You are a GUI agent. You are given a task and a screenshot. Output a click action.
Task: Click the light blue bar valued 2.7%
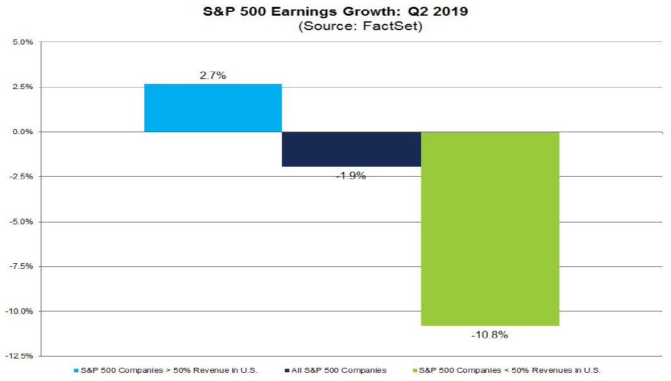pyautogui.click(x=213, y=108)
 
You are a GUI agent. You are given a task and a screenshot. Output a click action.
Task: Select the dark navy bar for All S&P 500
pyautogui.click(x=351, y=149)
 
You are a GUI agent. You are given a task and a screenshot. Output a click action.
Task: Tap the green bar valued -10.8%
pyautogui.click(x=490, y=229)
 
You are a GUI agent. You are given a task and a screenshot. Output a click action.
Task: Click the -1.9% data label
pyautogui.click(x=351, y=175)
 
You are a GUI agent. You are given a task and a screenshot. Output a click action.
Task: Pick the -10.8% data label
pyautogui.click(x=490, y=335)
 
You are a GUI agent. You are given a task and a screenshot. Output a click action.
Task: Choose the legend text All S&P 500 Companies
pyautogui.click(x=343, y=370)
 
